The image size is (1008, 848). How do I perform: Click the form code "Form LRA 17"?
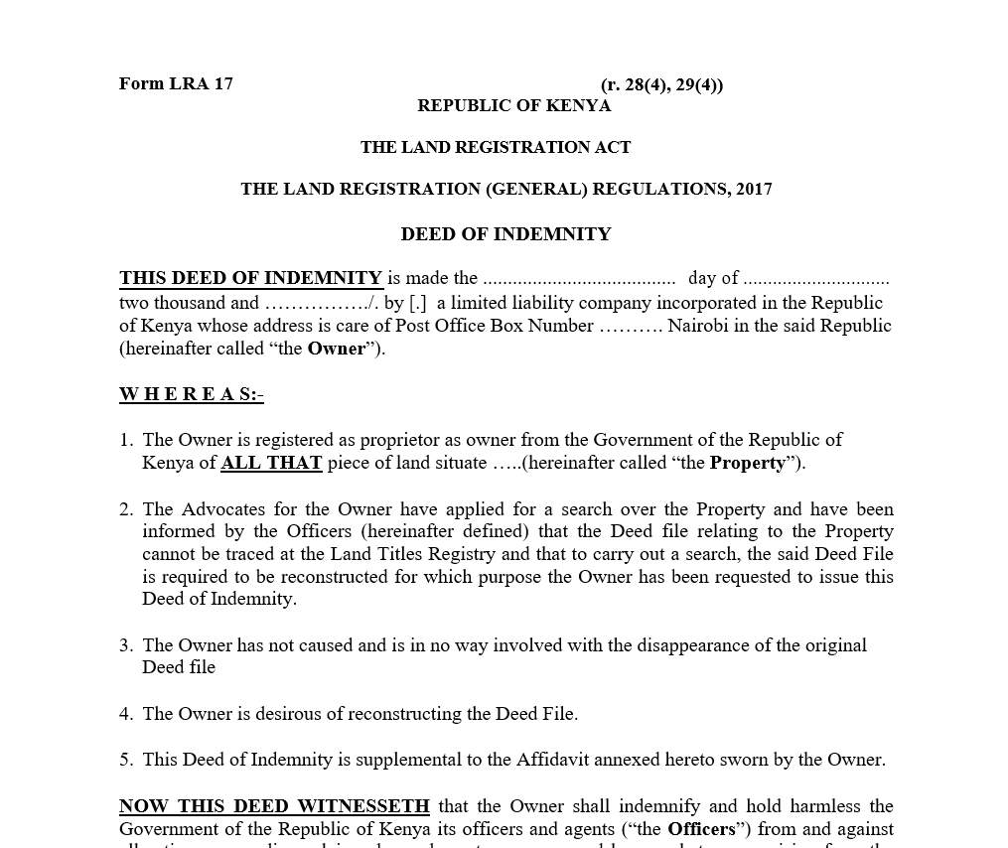(x=176, y=83)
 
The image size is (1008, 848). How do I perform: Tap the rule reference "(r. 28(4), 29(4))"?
(x=661, y=84)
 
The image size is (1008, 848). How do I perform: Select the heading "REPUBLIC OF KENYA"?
(x=513, y=105)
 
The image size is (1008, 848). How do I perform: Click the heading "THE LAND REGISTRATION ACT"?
(x=496, y=147)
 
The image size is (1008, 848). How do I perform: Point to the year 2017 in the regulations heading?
(x=754, y=189)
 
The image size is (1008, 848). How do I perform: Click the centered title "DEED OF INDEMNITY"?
(x=505, y=234)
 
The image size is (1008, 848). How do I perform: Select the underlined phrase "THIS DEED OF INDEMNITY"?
(x=250, y=278)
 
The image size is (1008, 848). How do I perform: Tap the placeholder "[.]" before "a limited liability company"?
(x=418, y=303)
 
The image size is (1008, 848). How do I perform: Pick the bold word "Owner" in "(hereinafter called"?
(x=336, y=349)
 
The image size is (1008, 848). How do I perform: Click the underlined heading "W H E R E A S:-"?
(x=191, y=394)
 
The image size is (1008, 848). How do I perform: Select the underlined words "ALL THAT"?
(x=271, y=463)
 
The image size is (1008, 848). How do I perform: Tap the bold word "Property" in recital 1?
(x=747, y=463)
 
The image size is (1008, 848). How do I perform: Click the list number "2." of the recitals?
(x=126, y=509)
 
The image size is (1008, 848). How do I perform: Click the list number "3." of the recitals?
(x=126, y=645)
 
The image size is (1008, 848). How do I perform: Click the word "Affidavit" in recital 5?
(x=554, y=760)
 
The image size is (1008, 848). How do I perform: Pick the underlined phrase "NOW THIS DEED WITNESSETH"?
(x=274, y=806)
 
